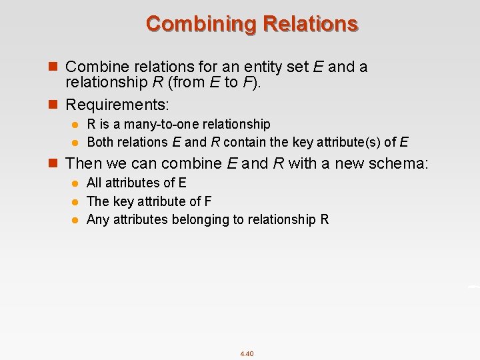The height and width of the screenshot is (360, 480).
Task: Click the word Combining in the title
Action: coord(201,24)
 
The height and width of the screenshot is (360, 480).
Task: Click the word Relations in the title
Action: coord(311,24)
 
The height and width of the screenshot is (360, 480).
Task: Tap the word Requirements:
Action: coord(117,105)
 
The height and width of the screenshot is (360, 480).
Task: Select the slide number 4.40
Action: coord(247,353)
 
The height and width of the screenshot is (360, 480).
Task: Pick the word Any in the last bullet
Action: coord(98,219)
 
